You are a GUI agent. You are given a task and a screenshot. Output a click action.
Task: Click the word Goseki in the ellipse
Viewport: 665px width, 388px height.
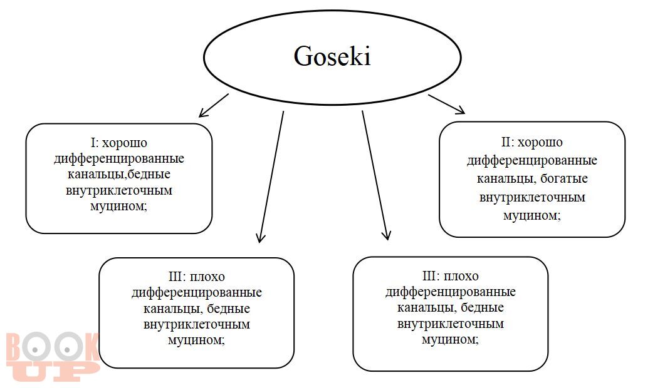point(332,56)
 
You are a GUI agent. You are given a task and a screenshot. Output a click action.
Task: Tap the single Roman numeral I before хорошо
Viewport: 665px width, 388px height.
point(93,143)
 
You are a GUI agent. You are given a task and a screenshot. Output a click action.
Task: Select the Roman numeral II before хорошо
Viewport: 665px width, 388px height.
point(506,142)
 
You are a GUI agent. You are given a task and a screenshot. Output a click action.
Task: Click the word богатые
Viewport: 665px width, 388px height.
point(564,179)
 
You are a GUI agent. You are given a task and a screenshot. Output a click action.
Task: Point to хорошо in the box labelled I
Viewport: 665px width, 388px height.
point(125,143)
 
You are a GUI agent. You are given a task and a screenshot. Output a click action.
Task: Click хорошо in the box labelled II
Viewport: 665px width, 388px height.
point(540,143)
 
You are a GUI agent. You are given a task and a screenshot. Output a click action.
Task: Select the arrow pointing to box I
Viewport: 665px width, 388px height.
point(213,106)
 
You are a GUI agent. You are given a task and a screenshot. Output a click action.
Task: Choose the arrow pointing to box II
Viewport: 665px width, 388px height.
point(447,105)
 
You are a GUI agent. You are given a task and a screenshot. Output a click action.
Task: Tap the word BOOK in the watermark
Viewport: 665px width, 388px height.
point(52,348)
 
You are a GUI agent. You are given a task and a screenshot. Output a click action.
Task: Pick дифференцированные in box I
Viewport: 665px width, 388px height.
point(118,158)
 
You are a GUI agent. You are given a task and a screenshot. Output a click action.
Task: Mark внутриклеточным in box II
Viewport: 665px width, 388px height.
point(532,197)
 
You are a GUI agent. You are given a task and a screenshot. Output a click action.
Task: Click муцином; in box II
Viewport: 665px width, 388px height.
point(532,216)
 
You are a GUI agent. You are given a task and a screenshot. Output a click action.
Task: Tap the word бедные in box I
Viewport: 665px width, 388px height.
point(149,174)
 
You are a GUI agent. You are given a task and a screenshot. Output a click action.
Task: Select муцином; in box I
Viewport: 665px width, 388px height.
point(118,207)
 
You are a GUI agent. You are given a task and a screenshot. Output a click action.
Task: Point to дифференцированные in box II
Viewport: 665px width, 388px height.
point(532,161)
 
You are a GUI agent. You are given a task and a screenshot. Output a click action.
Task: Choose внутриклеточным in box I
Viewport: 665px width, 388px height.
point(119,190)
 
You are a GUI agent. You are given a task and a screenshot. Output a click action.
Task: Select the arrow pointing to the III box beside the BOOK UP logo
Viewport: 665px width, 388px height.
point(271,177)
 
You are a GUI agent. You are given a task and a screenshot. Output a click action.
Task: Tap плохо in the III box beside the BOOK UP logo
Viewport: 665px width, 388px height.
point(207,277)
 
